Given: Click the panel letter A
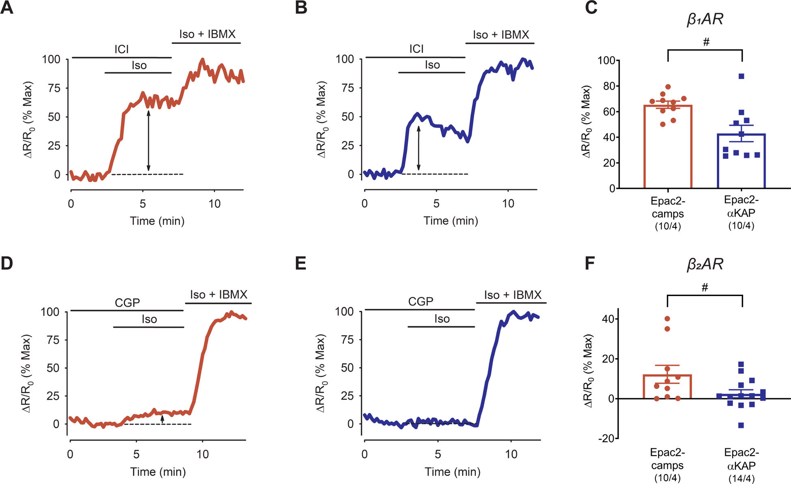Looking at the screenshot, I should click(x=7, y=8).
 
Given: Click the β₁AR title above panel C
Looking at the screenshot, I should click(x=705, y=19).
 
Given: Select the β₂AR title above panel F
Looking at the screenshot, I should click(x=705, y=265).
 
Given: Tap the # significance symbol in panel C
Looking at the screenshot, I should click(x=706, y=42).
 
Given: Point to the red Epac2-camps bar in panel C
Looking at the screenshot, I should click(x=668, y=146).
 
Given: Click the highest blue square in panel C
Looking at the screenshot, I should click(x=742, y=76).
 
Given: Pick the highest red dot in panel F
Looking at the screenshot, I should click(x=667, y=319).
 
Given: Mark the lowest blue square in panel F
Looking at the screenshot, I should click(x=741, y=425).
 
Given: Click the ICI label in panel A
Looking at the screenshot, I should click(x=121, y=49).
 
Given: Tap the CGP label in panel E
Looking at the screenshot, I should click(x=421, y=301).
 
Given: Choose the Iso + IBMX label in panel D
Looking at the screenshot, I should click(x=219, y=294).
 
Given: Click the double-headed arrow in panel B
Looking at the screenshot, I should click(x=419, y=148).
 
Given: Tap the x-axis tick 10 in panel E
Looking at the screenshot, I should click(x=511, y=454).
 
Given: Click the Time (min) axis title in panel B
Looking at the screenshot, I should click(x=451, y=220).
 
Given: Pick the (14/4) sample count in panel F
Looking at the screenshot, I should click(x=741, y=479).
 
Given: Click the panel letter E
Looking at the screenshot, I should click(x=301, y=264).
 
